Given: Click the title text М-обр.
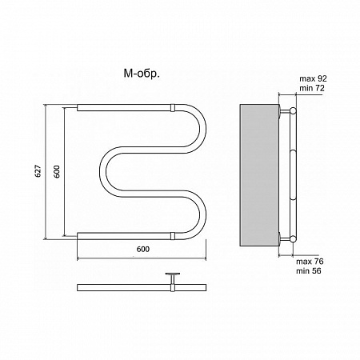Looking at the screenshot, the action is pyautogui.click(x=142, y=74).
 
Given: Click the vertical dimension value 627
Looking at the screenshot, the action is pyautogui.click(x=38, y=171).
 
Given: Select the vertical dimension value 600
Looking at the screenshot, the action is pyautogui.click(x=57, y=171).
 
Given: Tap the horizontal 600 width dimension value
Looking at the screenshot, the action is pyautogui.click(x=143, y=249).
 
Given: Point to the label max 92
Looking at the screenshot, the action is pyautogui.click(x=313, y=78).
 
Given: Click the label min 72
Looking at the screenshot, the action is pyautogui.click(x=312, y=88).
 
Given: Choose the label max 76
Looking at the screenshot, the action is pyautogui.click(x=310, y=261).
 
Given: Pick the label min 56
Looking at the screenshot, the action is pyautogui.click(x=309, y=271).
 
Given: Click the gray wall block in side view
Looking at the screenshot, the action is pyautogui.click(x=259, y=175).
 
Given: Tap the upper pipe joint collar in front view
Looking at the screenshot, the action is pyautogui.click(x=173, y=108).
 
